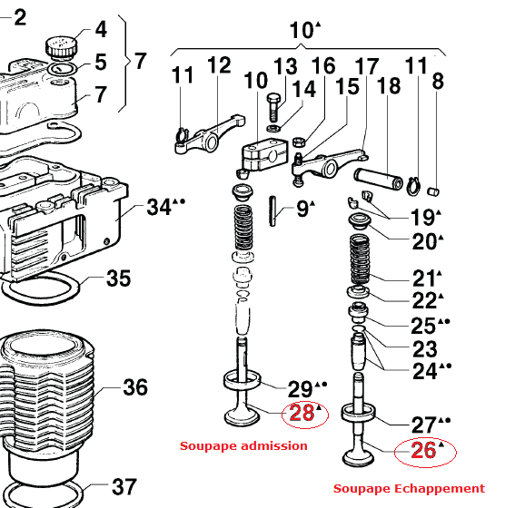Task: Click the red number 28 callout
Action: [302, 414]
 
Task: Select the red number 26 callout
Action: [424, 450]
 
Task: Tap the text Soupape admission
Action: [243, 445]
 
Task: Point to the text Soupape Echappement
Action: [409, 489]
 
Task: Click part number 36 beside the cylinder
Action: [134, 388]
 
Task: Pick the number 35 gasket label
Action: [118, 278]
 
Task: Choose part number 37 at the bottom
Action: [124, 488]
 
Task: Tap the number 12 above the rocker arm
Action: [219, 65]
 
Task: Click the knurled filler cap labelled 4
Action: [62, 43]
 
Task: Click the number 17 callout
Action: [367, 66]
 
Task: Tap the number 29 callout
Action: [300, 389]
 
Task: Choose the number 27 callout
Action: [424, 424]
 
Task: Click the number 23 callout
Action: [424, 348]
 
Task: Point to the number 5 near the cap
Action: [100, 63]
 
